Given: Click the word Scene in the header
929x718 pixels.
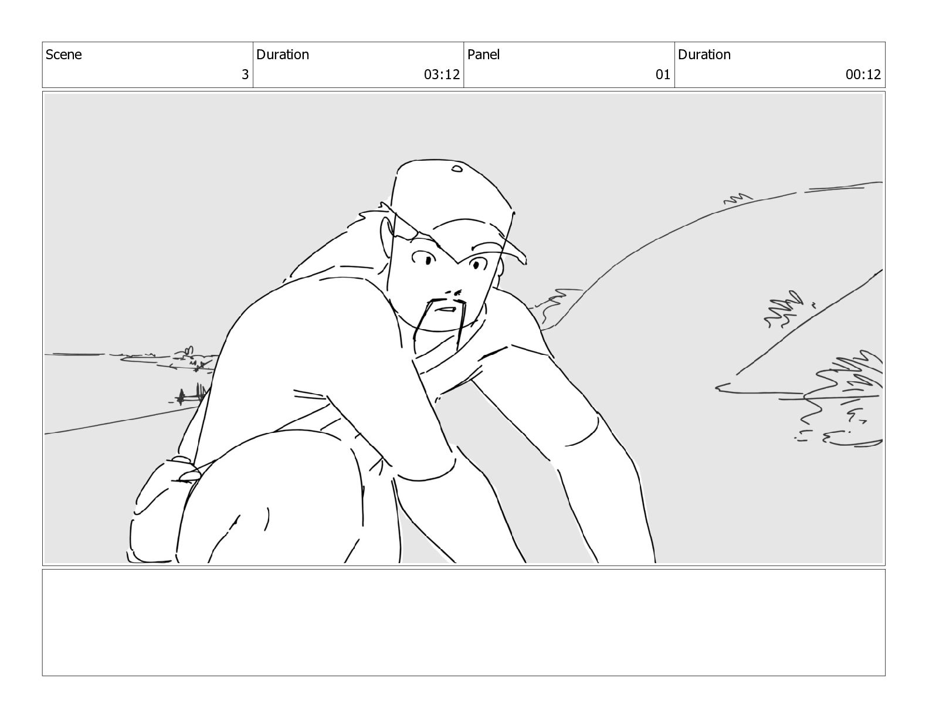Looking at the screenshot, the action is click(x=63, y=55).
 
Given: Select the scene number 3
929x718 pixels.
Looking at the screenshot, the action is click(x=245, y=74).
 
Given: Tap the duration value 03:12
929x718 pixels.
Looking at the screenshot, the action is click(x=442, y=74).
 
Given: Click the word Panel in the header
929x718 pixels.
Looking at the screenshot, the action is click(x=483, y=55).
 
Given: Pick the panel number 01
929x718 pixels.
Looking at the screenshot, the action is click(x=663, y=74).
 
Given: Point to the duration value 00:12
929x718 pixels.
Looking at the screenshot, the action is click(x=863, y=74).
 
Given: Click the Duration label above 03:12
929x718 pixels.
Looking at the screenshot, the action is click(x=283, y=55).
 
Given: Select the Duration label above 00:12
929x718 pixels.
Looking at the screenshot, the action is click(x=704, y=55).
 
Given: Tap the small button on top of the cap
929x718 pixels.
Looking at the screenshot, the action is click(x=457, y=168).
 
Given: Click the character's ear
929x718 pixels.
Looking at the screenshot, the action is click(x=386, y=233).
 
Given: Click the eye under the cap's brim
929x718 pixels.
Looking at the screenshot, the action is click(x=477, y=264).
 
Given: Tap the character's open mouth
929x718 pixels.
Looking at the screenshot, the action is click(x=446, y=309).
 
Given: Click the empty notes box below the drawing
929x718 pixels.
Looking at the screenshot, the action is click(x=463, y=622).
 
